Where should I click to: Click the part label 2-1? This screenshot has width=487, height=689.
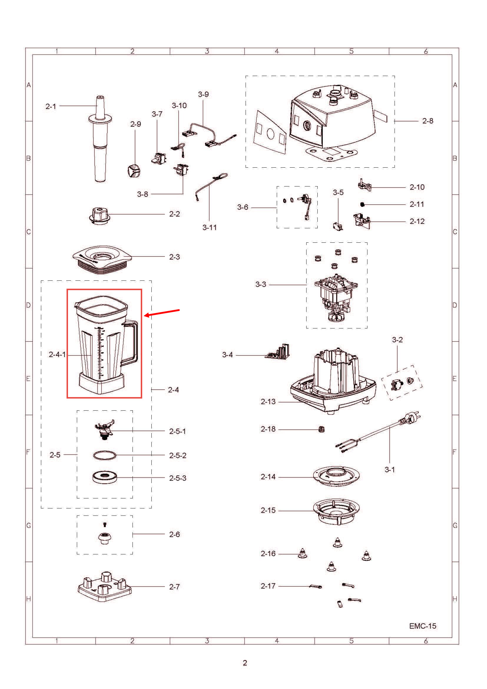click(x=51, y=106)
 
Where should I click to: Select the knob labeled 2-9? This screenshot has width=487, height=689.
click(x=133, y=171)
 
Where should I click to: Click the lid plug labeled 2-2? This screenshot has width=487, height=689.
click(x=100, y=215)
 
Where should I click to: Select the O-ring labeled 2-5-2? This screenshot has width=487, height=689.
click(x=104, y=455)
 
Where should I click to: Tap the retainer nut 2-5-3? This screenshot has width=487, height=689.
click(x=105, y=477)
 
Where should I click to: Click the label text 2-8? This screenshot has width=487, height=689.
click(x=427, y=121)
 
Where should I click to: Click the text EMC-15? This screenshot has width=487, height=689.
click(x=422, y=626)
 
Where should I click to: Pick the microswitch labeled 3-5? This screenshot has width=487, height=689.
click(x=338, y=226)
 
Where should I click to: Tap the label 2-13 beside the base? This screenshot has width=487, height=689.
click(x=268, y=401)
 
